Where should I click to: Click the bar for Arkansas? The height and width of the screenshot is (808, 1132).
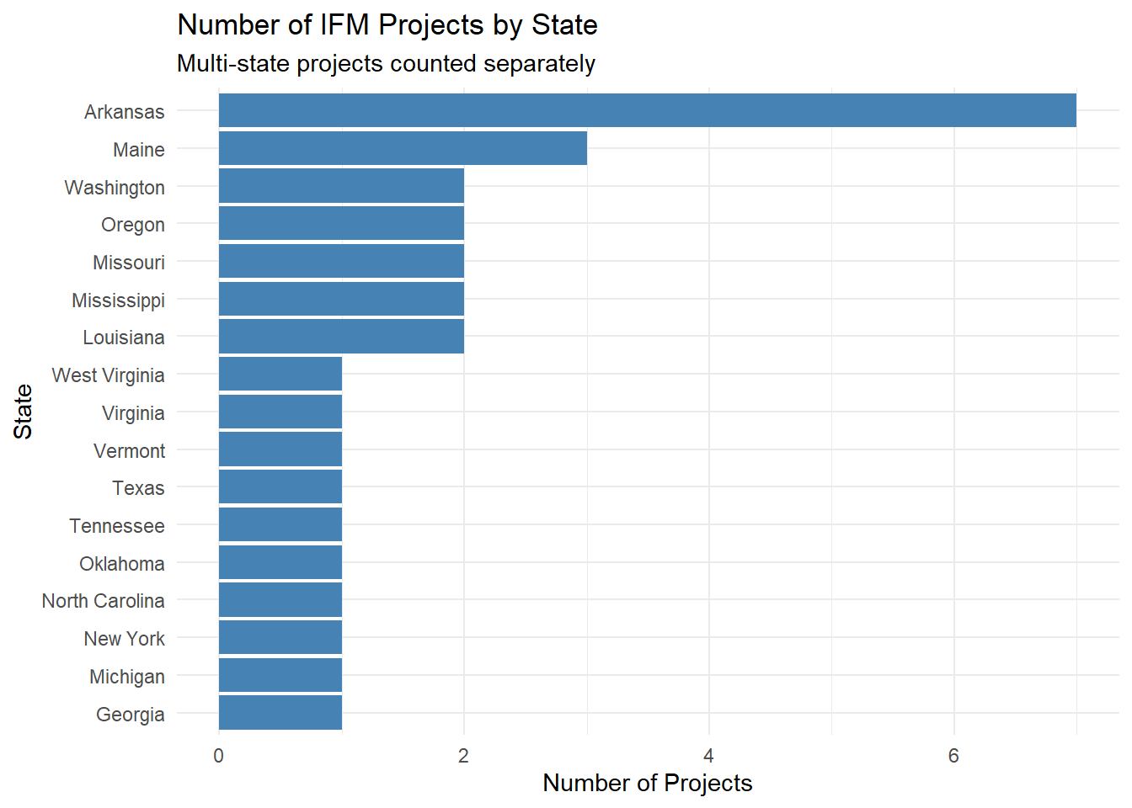[x=647, y=110]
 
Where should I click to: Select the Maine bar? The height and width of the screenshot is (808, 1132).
[x=403, y=148]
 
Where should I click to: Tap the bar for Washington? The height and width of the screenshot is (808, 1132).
[x=341, y=186]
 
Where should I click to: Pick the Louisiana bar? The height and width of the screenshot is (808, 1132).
[x=341, y=337]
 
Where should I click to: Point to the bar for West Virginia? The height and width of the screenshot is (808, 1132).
[x=280, y=375]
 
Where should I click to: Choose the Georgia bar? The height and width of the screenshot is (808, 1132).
[x=280, y=713]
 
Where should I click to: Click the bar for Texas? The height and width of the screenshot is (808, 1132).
[x=280, y=487]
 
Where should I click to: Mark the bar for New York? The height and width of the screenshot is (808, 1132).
[x=280, y=638]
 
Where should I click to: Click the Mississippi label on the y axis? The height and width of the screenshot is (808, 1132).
[x=118, y=300]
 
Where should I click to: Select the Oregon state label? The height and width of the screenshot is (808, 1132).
[x=133, y=225]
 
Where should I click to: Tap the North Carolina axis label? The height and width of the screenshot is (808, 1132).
[x=103, y=601]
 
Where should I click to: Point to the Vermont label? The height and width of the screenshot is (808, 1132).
[x=129, y=451]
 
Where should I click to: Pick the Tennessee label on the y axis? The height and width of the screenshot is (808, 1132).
[x=117, y=526]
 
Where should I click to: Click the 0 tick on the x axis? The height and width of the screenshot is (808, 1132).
[x=219, y=756]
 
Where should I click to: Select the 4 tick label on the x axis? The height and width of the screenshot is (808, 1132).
[x=709, y=756]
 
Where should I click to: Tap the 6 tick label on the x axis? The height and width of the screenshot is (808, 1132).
[x=953, y=756]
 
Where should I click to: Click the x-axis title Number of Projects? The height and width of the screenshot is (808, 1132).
[x=647, y=783]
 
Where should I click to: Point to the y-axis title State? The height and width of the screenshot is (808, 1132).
[x=24, y=412]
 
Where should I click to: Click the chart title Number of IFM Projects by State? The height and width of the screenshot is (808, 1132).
[x=387, y=25]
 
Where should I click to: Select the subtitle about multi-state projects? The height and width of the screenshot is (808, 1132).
[x=386, y=64]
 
